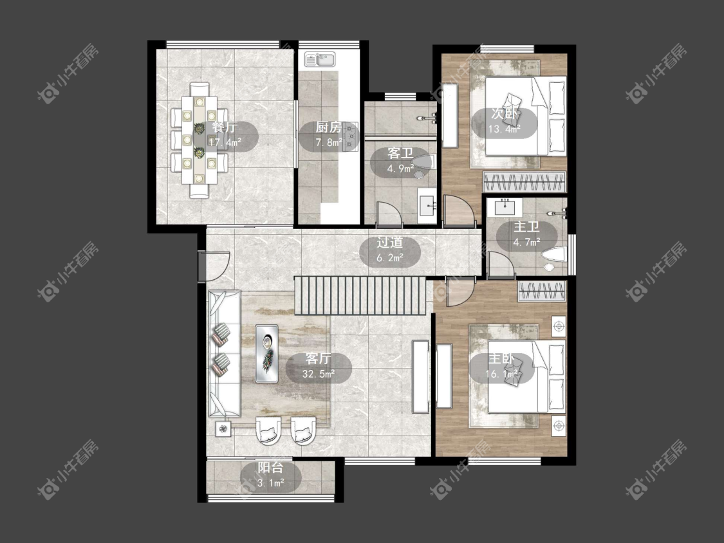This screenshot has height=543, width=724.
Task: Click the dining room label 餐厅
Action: click(225, 127)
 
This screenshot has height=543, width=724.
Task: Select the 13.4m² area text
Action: click(504, 129)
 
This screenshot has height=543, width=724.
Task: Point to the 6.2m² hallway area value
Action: click(390, 257)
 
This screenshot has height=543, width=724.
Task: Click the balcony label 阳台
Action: click(270, 467)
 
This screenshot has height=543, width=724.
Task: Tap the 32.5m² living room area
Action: click(319, 374)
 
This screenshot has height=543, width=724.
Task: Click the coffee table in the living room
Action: click(267, 354)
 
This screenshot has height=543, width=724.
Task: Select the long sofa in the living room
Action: click(225, 354)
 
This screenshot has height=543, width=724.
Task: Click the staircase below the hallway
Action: click(360, 295)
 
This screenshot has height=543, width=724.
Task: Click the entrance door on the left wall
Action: click(214, 266)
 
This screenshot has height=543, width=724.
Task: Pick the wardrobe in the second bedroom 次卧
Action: click(524, 181)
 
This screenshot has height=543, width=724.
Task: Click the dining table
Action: click(199, 140)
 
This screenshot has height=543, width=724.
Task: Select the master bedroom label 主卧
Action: click(501, 358)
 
